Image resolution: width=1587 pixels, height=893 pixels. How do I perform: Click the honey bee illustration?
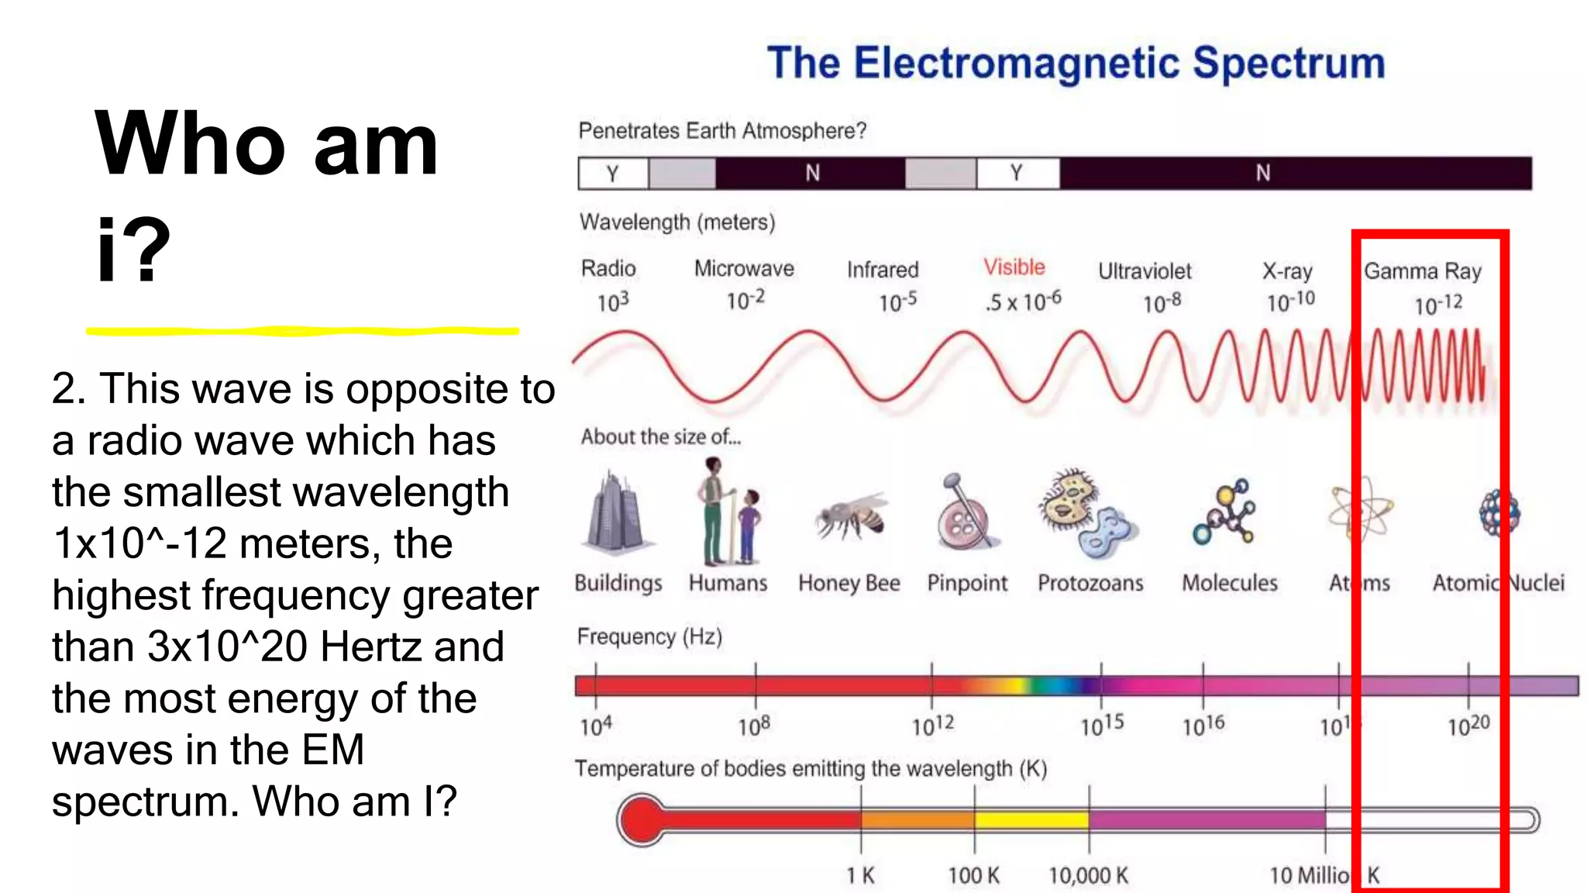[x=850, y=517]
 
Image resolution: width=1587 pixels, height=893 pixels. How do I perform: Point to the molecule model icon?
[x=1226, y=512]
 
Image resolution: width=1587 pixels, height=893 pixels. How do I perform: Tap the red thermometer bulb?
[x=642, y=819]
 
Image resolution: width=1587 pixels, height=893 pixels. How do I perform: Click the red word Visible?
[x=1014, y=267]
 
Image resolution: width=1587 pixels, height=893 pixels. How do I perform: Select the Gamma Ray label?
[x=1423, y=271]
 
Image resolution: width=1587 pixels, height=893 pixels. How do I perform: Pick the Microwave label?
[x=744, y=268]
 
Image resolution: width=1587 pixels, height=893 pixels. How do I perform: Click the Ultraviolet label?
[x=1145, y=271]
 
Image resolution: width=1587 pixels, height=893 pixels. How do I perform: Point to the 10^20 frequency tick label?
[x=1468, y=726]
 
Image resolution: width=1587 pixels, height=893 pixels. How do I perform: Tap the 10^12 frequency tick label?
[x=932, y=726]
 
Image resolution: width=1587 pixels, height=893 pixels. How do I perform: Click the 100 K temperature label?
[x=974, y=876]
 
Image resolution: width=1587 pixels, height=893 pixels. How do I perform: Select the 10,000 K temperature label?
[x=1088, y=876]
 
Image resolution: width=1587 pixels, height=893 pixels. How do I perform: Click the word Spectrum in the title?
[x=1288, y=64]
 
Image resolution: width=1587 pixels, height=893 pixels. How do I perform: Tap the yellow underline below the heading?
[x=302, y=331]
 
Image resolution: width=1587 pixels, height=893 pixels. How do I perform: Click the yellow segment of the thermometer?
[x=1031, y=819]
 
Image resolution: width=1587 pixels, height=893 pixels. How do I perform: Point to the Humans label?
[x=728, y=583]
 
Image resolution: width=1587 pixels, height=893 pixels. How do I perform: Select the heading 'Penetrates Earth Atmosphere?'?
[x=722, y=130]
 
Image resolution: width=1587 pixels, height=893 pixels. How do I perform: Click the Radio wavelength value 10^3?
[x=612, y=302]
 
